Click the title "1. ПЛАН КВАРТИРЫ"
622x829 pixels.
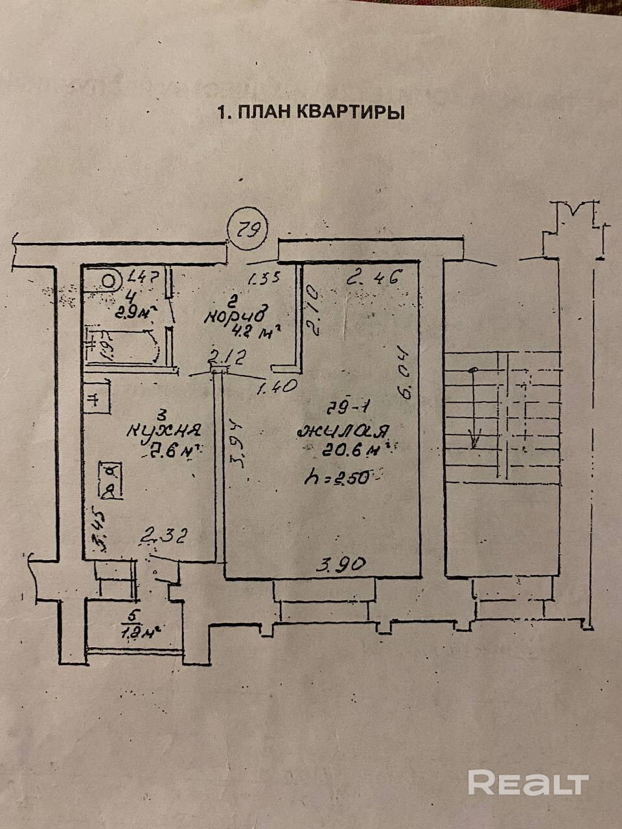pos(310,112)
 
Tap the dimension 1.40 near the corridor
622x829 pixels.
pos(277,387)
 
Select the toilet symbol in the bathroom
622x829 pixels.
pos(109,280)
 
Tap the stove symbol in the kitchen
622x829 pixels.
pos(110,479)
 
